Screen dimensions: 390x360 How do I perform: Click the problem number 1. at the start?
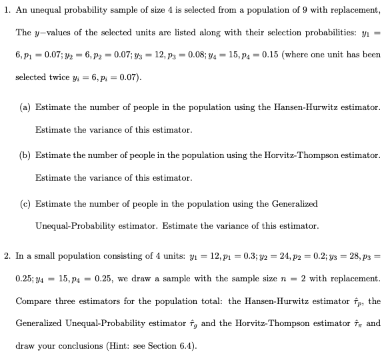(x=7, y=11)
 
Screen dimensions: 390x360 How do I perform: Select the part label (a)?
(x=26, y=107)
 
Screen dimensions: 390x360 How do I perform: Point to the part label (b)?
(x=26, y=155)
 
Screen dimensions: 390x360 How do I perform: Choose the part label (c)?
(x=26, y=203)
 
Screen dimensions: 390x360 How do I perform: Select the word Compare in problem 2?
(x=33, y=302)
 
